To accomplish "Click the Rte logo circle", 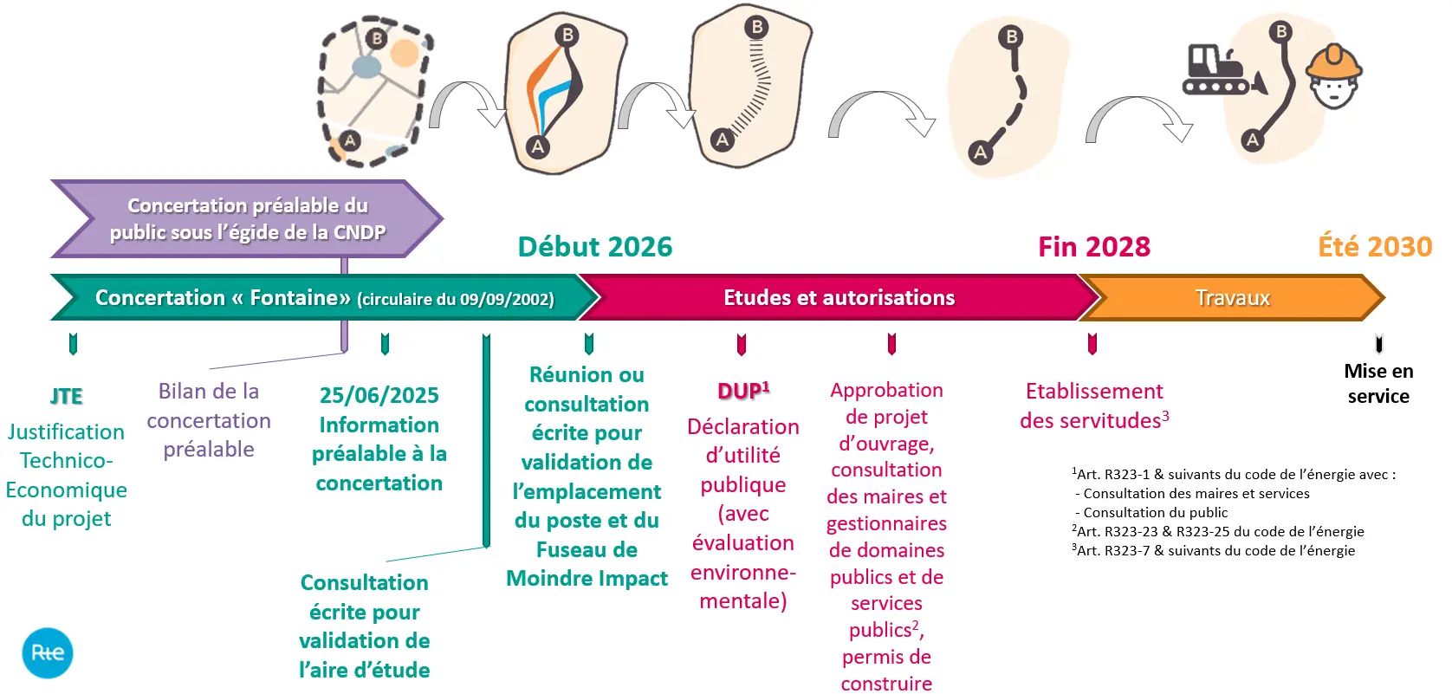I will [x=48, y=652].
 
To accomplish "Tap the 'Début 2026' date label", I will [x=595, y=247].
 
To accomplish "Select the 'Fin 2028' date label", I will [x=1094, y=247].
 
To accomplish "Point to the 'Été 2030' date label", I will [x=1375, y=247].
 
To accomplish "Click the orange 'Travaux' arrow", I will [x=1232, y=298].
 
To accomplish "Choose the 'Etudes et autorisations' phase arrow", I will [x=839, y=298].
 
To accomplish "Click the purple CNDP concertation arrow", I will [x=247, y=219].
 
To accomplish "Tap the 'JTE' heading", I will [x=67, y=396].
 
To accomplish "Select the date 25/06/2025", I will [x=379, y=395].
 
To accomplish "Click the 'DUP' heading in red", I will [x=742, y=391].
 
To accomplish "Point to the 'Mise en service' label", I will [x=1378, y=384].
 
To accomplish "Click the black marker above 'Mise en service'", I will [x=1378, y=344].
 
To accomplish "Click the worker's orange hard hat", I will [x=1334, y=62].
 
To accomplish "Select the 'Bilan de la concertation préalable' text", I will [x=209, y=420].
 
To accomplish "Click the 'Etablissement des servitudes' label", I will [x=1094, y=405].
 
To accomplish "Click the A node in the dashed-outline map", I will [x=349, y=140].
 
